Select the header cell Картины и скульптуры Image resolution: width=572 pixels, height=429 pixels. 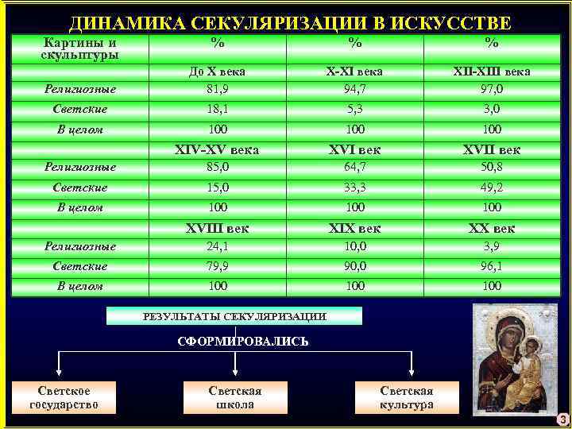(x=79, y=48)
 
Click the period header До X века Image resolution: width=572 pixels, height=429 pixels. (x=217, y=71)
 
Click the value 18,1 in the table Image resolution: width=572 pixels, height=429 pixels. (x=217, y=108)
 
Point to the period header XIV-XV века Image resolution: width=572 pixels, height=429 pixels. (x=217, y=149)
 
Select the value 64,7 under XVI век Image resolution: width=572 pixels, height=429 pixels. (x=354, y=167)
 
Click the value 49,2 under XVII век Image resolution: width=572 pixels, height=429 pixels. (x=492, y=187)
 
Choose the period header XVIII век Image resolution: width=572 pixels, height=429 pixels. (x=217, y=229)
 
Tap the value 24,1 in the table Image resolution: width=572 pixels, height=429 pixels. (x=217, y=245)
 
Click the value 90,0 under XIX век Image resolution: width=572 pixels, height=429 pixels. (x=354, y=265)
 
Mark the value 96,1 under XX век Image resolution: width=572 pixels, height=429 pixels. (x=492, y=265)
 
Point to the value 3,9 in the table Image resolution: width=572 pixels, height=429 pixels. (x=492, y=245)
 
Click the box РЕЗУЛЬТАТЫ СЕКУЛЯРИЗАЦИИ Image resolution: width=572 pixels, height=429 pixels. (x=234, y=316)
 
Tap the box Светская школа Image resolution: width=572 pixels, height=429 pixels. (x=235, y=397)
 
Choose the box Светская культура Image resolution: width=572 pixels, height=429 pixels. (x=407, y=397)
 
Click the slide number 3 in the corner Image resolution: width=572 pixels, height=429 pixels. (x=562, y=419)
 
